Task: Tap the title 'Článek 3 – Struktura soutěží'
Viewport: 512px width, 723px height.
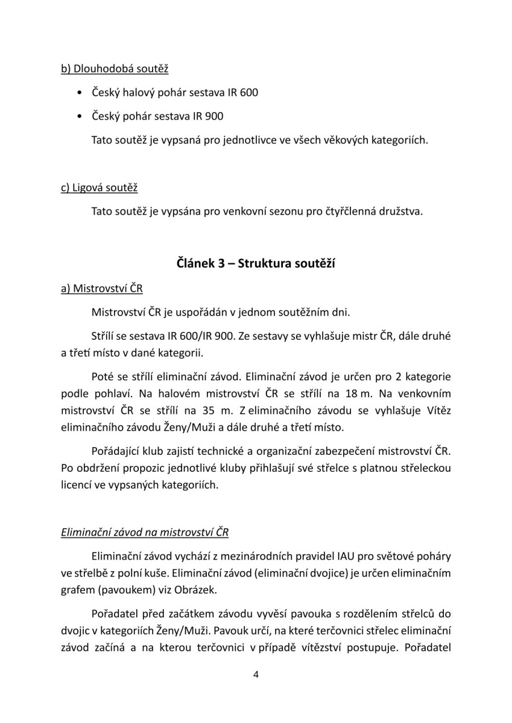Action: point(256,263)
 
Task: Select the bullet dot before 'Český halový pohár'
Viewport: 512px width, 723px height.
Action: point(81,93)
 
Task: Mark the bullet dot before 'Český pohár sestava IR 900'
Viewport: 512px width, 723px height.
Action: point(81,116)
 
